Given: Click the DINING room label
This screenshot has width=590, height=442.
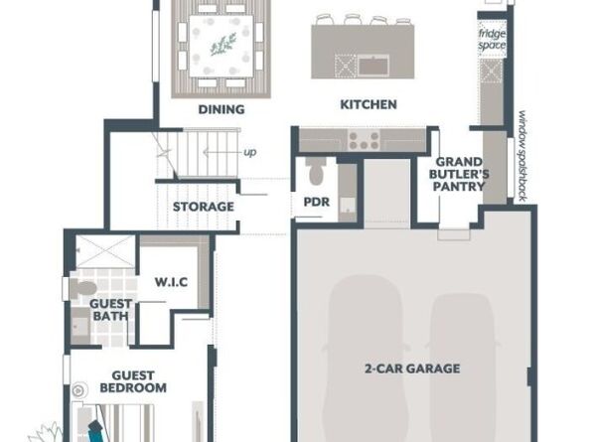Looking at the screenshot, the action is pyautogui.click(x=221, y=109).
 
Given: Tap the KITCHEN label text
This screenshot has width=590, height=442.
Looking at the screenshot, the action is pyautogui.click(x=369, y=104).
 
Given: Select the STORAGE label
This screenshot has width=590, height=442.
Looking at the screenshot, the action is pyautogui.click(x=204, y=207).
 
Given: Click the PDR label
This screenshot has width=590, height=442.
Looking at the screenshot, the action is pyautogui.click(x=317, y=202).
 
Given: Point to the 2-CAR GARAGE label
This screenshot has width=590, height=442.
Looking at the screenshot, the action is pyautogui.click(x=412, y=368).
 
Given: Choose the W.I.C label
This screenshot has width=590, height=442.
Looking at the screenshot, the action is pyautogui.click(x=171, y=282).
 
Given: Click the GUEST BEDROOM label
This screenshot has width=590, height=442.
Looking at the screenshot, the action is pyautogui.click(x=133, y=381).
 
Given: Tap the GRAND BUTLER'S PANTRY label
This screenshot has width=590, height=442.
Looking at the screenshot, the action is pyautogui.click(x=459, y=174).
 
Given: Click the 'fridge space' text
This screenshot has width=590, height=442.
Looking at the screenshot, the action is pyautogui.click(x=492, y=40).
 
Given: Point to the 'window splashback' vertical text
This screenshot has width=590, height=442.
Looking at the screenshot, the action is pyautogui.click(x=521, y=156).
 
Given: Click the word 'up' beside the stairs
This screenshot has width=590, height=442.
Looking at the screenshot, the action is pyautogui.click(x=250, y=152).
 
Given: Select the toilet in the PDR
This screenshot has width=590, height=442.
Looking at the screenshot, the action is pyautogui.click(x=315, y=171).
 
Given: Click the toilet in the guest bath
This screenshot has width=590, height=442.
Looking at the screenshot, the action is pyautogui.click(x=82, y=289).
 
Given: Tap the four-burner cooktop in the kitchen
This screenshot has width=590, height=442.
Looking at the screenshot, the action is pyautogui.click(x=364, y=140).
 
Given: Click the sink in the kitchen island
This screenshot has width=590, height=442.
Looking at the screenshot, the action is pyautogui.click(x=373, y=66).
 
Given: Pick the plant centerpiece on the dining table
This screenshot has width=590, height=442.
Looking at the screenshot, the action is pyautogui.click(x=223, y=44).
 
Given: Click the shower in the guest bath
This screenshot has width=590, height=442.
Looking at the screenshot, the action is pyautogui.click(x=105, y=251).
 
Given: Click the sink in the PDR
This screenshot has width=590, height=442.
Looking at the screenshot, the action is pyautogui.click(x=348, y=205).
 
